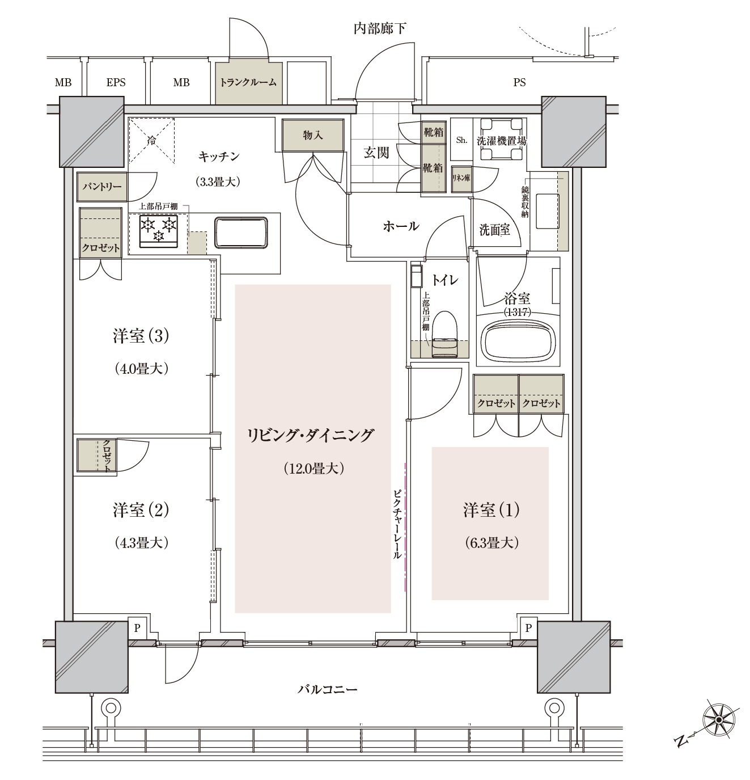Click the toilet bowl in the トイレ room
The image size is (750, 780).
tap(444, 334)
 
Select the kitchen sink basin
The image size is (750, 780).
tap(241, 232)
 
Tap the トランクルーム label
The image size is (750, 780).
tap(248, 83)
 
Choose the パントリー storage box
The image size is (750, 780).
tap(102, 187)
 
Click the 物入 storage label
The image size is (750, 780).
tap(312, 135)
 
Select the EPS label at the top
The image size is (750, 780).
tap(116, 83)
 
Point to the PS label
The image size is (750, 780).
tap(519, 83)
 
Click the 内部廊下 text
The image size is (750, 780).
tap(380, 28)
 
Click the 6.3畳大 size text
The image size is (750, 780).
tap(491, 543)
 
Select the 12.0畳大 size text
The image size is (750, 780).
tap(313, 468)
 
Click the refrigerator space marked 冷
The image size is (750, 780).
tap(151, 140)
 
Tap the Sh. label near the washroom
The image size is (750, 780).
tap(461, 140)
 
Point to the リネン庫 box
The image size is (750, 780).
tap(461, 178)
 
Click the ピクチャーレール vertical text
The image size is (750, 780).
tap(397, 524)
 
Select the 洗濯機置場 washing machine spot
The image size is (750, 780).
tap(501, 140)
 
